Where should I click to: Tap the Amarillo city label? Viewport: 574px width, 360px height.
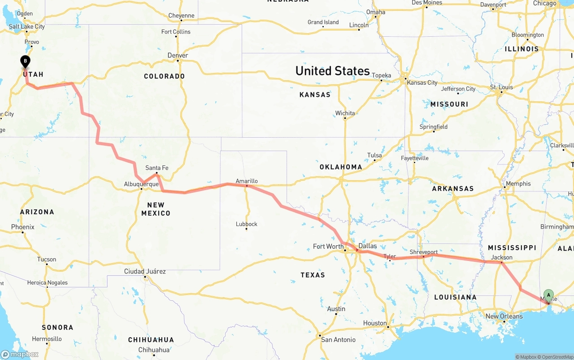click(247, 181)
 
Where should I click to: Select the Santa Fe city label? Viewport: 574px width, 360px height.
click(157, 168)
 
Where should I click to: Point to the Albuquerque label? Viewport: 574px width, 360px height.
click(141, 184)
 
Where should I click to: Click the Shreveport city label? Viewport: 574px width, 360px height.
click(423, 252)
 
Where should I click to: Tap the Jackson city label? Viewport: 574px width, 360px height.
click(501, 257)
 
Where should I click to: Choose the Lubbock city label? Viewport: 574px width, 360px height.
click(247, 224)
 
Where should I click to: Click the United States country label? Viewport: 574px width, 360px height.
click(332, 71)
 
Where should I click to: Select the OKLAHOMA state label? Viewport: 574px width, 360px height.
click(341, 167)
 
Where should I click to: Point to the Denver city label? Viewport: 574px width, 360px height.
click(178, 55)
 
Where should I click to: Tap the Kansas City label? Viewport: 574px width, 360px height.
click(422, 82)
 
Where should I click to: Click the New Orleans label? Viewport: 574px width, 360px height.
click(504, 316)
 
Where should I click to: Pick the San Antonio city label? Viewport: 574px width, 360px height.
click(338, 339)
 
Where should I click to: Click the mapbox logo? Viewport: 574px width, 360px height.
click(20, 354)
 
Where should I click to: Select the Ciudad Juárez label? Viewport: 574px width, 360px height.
click(145, 271)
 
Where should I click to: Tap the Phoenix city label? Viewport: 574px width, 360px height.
click(23, 227)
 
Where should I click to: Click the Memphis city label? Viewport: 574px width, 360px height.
click(517, 183)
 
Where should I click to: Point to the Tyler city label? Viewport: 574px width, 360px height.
click(390, 256)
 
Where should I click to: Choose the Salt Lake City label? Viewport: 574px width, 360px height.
click(27, 26)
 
